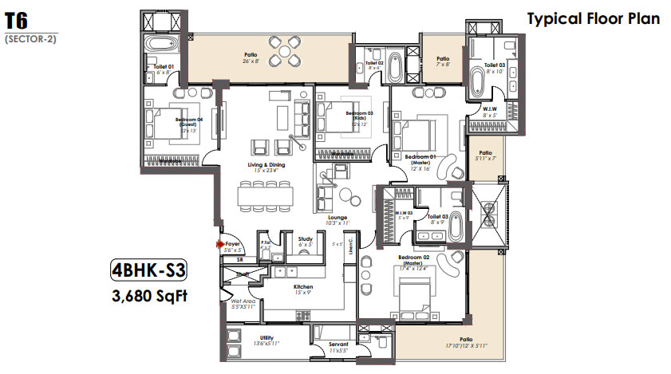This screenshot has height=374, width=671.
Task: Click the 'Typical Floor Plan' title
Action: [593, 18]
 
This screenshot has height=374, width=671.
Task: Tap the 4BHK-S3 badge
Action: [149, 270]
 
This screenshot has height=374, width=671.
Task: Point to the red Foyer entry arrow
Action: [219, 244]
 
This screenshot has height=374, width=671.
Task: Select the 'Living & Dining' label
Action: [266, 165]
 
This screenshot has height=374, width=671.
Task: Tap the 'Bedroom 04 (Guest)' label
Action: [189, 121]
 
